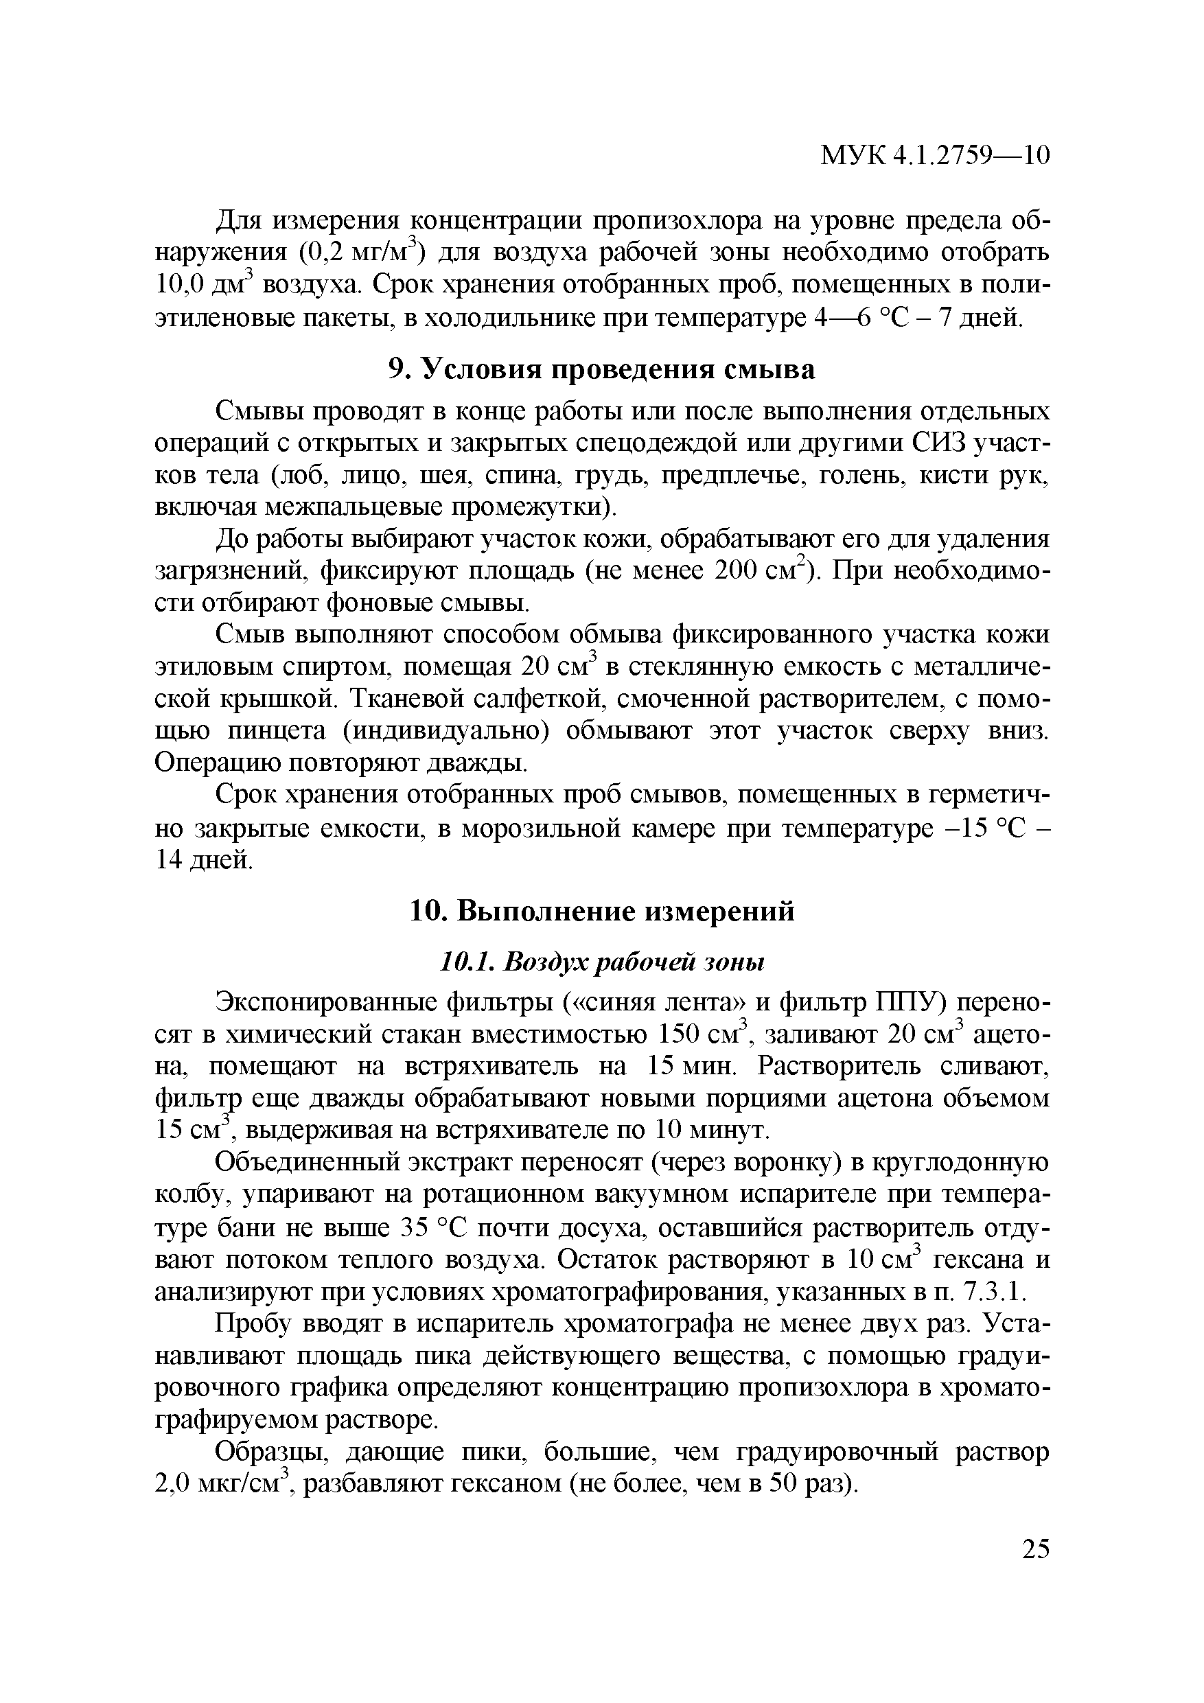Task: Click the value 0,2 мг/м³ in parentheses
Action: tap(361, 254)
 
